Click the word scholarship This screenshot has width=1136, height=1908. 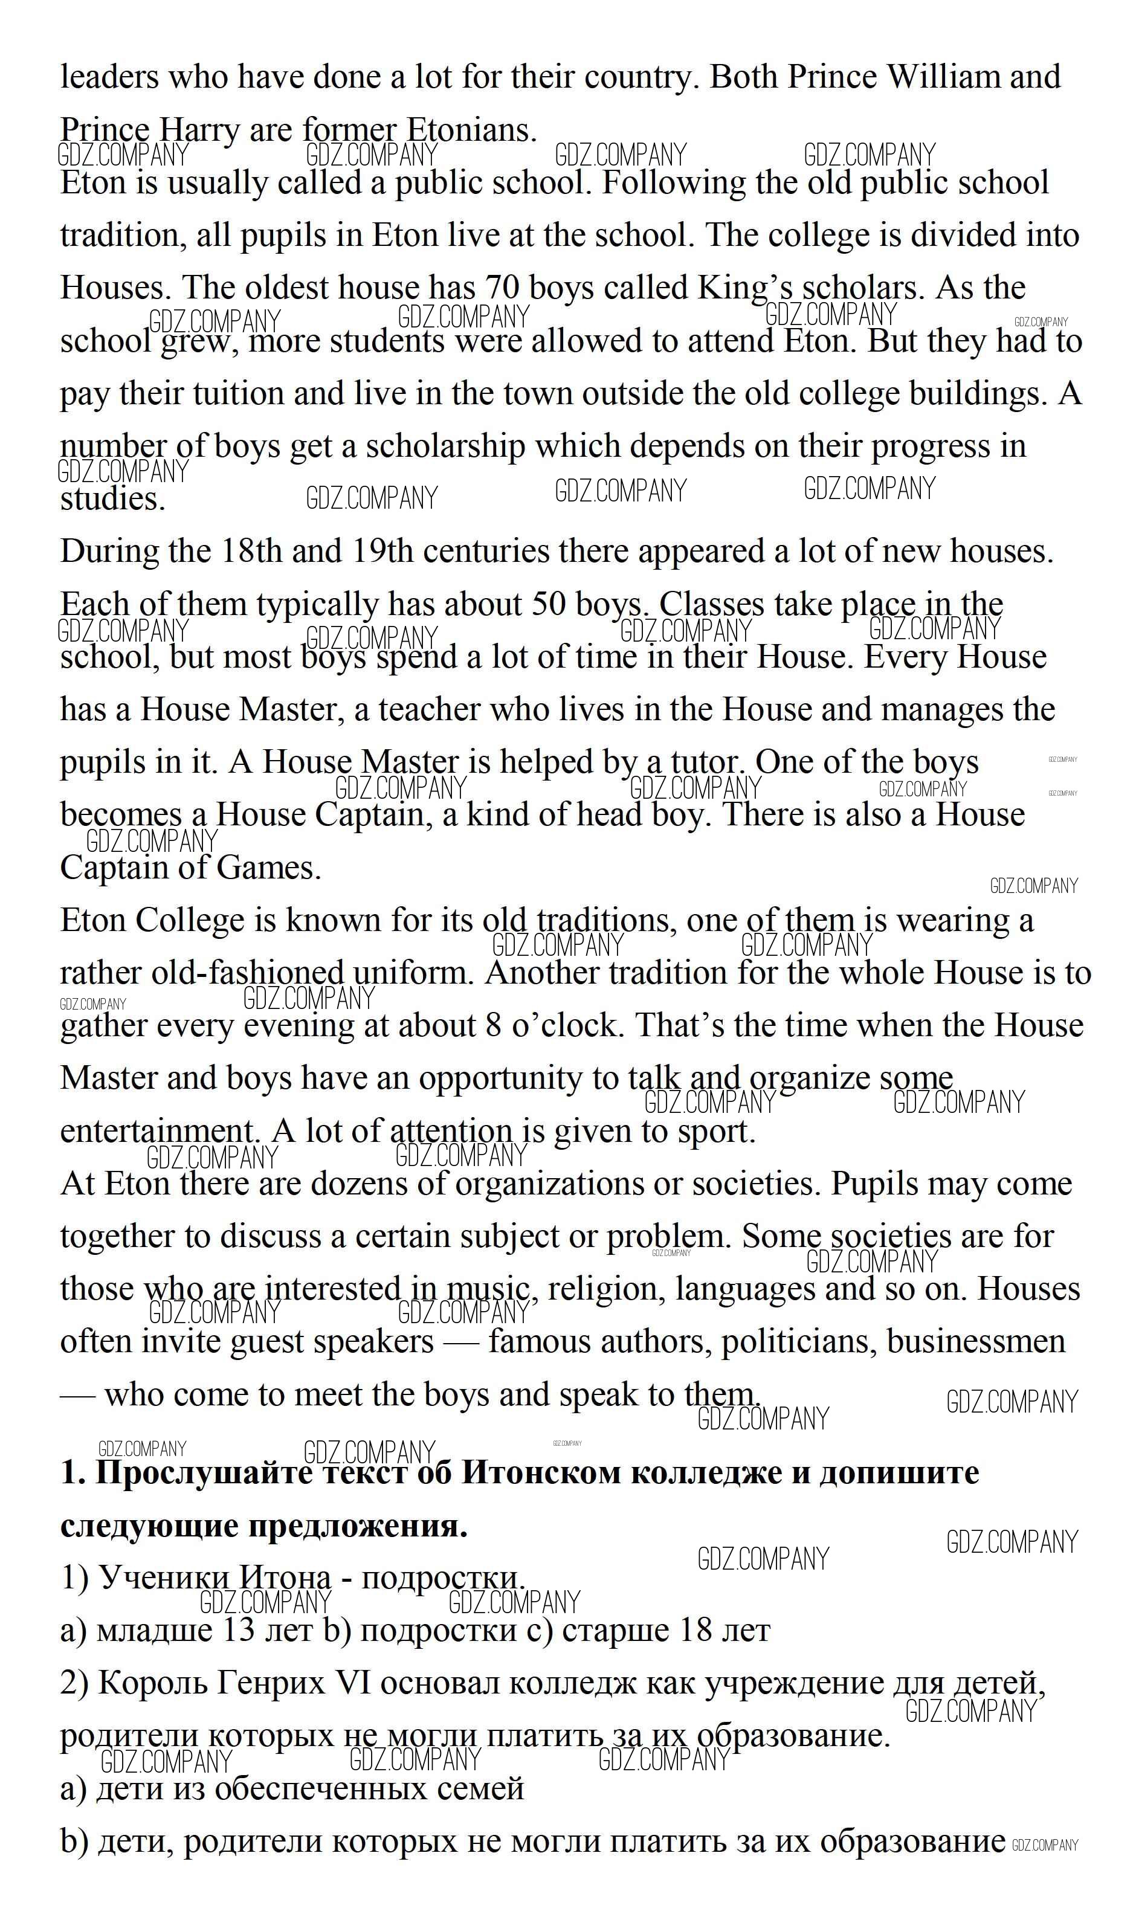[445, 446]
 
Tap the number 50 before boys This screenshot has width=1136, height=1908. [549, 605]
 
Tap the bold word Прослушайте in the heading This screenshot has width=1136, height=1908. [204, 1473]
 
